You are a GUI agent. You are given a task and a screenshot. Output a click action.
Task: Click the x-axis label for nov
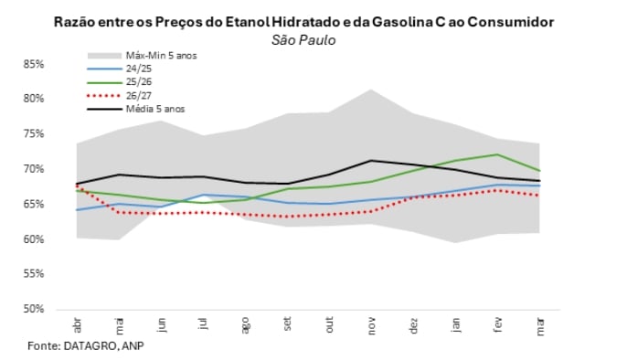371,326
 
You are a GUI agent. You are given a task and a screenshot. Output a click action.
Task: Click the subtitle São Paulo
303,39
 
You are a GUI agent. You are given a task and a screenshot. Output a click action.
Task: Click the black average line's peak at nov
371,161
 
